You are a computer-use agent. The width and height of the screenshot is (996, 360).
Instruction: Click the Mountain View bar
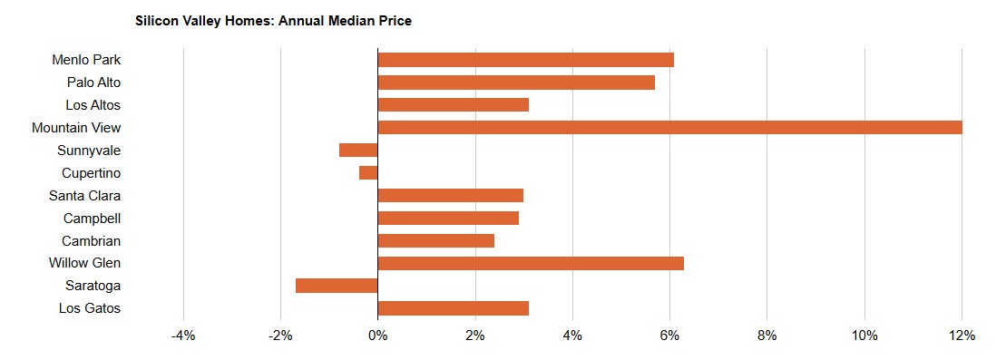669,128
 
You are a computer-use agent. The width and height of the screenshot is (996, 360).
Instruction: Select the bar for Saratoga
337,286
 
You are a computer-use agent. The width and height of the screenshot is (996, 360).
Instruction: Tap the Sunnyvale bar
358,150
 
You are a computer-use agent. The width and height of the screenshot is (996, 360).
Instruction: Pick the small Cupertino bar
368,172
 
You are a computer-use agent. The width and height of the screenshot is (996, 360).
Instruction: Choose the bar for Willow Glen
531,263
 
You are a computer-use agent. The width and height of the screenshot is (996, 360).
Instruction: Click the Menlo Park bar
525,60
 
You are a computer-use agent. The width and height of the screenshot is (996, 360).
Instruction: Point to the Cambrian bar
435,240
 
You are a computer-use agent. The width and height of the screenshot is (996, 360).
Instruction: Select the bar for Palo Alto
516,83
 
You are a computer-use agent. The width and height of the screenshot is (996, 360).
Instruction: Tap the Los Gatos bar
453,308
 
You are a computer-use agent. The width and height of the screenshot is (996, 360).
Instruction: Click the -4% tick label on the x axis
183,336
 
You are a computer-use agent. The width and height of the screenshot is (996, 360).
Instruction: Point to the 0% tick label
378,336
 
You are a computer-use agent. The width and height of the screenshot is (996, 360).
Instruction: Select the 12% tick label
962,336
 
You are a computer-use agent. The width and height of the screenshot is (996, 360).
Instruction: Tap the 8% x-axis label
767,336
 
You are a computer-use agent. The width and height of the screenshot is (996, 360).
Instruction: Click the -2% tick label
281,336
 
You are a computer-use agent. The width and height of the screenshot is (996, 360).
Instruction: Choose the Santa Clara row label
85,196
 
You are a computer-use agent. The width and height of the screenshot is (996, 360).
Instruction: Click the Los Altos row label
93,105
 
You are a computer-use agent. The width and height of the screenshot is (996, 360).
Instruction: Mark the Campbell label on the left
93,219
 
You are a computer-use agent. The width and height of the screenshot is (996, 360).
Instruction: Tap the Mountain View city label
76,128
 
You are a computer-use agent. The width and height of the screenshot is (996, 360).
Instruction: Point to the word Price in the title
397,21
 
